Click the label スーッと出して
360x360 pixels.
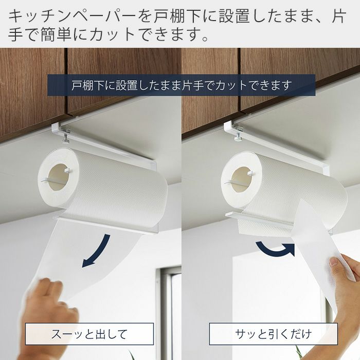(89, 334)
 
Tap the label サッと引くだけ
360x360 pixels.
(273, 334)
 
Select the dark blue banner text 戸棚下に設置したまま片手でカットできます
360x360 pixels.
(182, 85)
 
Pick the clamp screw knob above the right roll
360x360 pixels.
(238, 137)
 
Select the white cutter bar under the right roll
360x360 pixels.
(259, 220)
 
